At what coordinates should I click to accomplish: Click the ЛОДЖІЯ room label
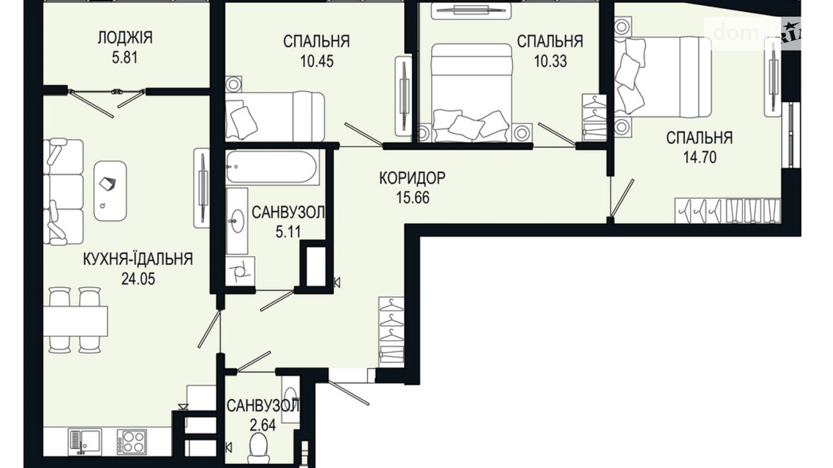pos(125,37)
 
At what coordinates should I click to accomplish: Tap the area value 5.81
pos(125,58)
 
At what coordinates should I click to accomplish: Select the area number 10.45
pos(317,61)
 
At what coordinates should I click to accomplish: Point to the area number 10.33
pos(550,61)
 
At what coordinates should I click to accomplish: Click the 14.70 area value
pos(699,157)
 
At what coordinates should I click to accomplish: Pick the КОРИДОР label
pos(412,178)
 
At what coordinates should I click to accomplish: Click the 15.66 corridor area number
pos(412,198)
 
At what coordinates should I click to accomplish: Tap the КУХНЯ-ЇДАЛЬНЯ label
pos(138,259)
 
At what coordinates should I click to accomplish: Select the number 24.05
pos(138,279)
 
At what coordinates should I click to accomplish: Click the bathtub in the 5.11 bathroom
pos(272,167)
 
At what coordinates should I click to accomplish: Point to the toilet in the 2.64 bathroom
pos(259,445)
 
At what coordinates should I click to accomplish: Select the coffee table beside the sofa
pos(110,191)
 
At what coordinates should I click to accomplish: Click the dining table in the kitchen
pos(76,320)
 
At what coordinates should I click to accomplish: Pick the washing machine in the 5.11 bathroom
pos(240,271)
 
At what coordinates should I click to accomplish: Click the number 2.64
pos(263,425)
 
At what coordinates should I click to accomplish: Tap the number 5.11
pos(288,232)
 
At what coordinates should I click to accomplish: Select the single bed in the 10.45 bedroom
pos(275,116)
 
